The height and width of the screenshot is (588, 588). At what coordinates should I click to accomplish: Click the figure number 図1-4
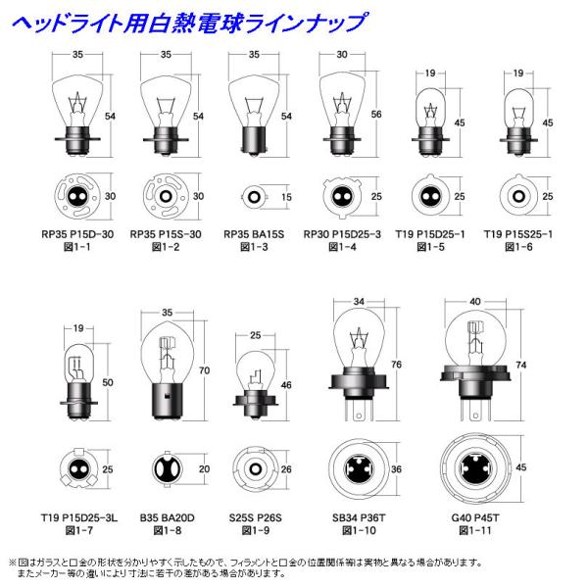coord(338,250)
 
